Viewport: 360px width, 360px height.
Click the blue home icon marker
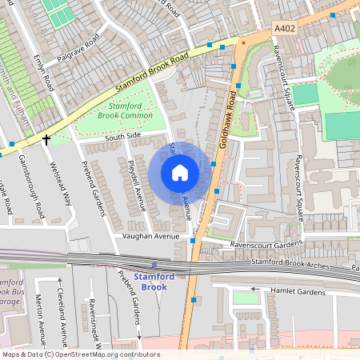click(x=180, y=172)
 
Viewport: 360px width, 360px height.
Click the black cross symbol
click(x=46, y=139)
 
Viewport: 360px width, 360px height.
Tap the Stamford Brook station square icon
click(x=154, y=265)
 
